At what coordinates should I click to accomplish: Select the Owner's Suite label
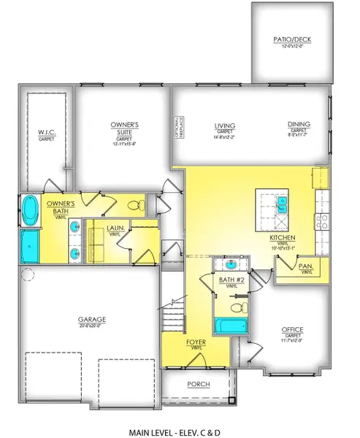click(x=124, y=128)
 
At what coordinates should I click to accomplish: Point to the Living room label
click(x=214, y=126)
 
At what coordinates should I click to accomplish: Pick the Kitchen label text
click(x=282, y=238)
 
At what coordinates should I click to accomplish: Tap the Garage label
click(x=93, y=320)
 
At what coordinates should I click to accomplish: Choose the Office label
click(x=293, y=330)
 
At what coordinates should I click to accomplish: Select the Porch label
click(x=198, y=385)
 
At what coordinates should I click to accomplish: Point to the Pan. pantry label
click(x=305, y=267)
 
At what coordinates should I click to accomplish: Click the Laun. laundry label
click(x=114, y=228)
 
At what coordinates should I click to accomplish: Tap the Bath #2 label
click(x=231, y=280)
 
